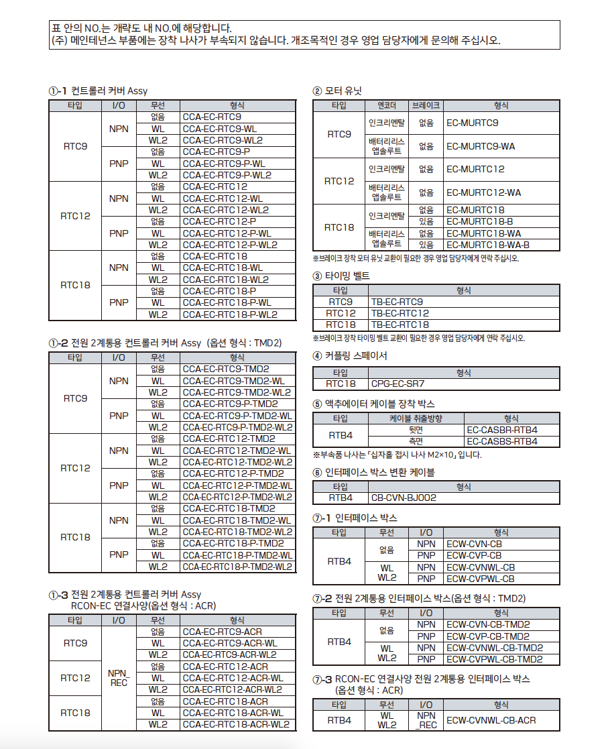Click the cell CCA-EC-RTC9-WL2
point(223,140)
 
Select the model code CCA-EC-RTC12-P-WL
point(227,233)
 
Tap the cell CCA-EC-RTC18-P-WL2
point(230,314)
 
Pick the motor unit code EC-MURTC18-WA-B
point(488,245)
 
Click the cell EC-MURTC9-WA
point(481,146)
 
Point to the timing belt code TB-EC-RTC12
point(400,313)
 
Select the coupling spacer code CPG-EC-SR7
point(398,384)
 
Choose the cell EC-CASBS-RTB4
point(502,441)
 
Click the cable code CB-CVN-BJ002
point(404,498)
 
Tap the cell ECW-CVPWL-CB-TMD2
point(495,659)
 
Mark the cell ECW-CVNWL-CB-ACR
point(491,720)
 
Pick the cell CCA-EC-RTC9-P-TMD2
point(231,404)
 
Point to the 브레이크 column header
point(426,105)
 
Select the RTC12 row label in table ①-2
point(75,468)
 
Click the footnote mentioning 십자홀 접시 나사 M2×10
point(397,455)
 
